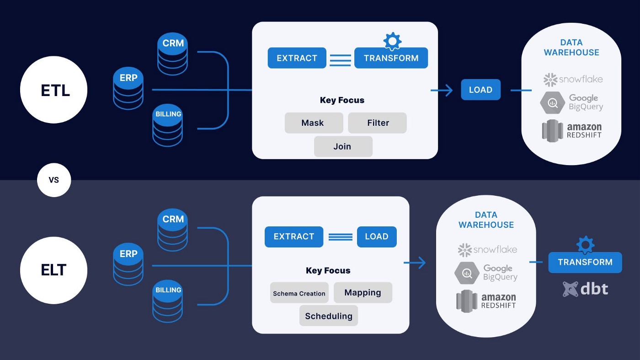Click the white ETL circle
(54, 90)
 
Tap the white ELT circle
(54, 270)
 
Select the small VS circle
(54, 180)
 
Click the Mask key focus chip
(314, 123)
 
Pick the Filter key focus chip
(378, 123)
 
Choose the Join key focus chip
(343, 146)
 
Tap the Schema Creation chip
(299, 293)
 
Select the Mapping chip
(363, 293)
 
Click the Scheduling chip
(329, 316)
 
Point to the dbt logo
(586, 289)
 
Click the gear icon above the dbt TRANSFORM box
(586, 245)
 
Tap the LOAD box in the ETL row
(480, 90)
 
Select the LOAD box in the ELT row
(377, 236)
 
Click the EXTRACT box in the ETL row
(297, 58)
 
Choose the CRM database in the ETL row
(173, 55)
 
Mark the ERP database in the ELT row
(128, 265)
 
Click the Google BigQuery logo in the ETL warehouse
(571, 103)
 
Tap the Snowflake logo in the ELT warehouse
(487, 250)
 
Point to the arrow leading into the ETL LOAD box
(442, 90)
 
